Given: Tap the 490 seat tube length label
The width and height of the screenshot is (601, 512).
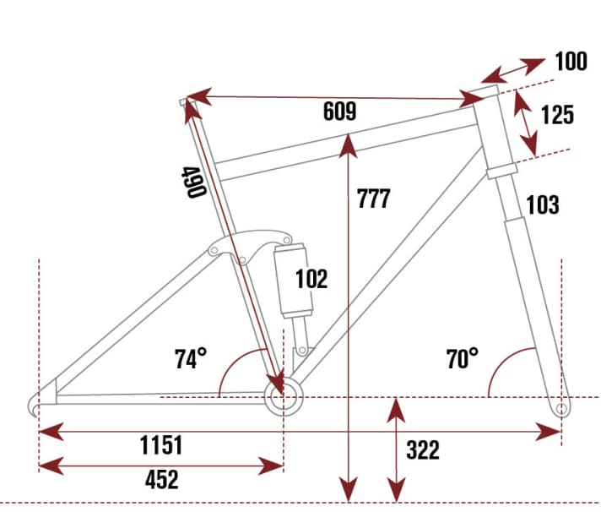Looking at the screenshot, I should (x=194, y=181).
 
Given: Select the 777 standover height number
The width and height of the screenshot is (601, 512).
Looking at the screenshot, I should (x=373, y=199).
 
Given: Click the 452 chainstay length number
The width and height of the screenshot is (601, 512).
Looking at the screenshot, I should (x=161, y=480).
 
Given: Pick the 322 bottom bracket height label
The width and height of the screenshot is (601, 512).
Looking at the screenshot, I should (x=422, y=450).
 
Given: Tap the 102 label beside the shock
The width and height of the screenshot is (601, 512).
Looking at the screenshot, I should (x=311, y=278).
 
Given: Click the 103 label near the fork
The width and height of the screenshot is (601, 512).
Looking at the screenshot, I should (x=542, y=204).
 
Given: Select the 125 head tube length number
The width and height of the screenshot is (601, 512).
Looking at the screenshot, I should (x=557, y=114).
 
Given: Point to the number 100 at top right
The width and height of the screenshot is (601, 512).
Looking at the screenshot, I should (x=571, y=62).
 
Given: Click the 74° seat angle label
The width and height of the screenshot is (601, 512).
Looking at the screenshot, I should (x=192, y=359).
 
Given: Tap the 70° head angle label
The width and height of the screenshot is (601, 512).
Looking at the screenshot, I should (x=463, y=359).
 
